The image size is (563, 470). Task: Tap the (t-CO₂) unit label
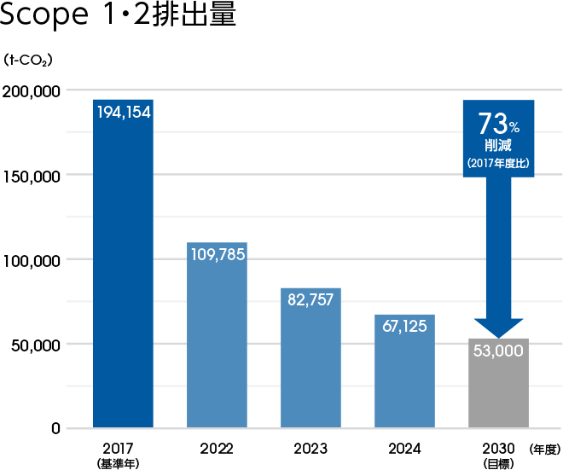[x=29, y=60]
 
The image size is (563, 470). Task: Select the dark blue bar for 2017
[x=123, y=281]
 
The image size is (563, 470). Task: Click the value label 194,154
[x=123, y=112]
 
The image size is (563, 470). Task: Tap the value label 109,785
[x=217, y=254]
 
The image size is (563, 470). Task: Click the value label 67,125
[x=404, y=326]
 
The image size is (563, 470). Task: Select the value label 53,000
[x=498, y=351]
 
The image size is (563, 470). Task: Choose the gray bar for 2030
[x=498, y=392]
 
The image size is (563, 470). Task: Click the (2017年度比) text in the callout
[x=498, y=163]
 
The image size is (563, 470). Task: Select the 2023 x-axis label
[x=311, y=448]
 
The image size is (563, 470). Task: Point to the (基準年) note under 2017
[x=123, y=463]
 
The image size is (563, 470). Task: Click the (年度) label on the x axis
[x=544, y=448]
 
